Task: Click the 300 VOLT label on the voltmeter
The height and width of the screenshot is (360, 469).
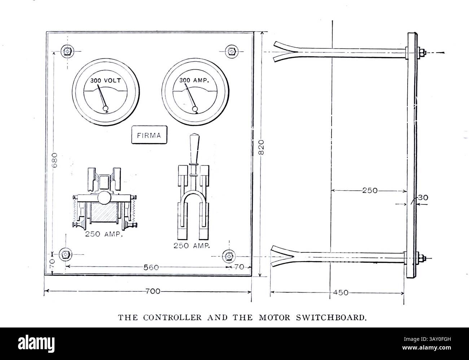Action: [105, 80]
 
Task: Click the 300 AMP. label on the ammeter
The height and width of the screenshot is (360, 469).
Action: [194, 80]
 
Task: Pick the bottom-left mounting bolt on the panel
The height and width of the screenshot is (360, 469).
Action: [65, 254]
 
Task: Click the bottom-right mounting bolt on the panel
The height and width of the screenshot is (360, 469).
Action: [228, 256]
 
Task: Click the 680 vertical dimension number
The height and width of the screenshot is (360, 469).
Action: [54, 159]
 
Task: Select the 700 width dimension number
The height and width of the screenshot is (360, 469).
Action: [153, 291]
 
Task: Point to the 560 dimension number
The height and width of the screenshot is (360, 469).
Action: [151, 268]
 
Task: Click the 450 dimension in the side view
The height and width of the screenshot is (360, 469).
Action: [341, 292]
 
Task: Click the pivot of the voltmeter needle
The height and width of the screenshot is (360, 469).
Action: [106, 108]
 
